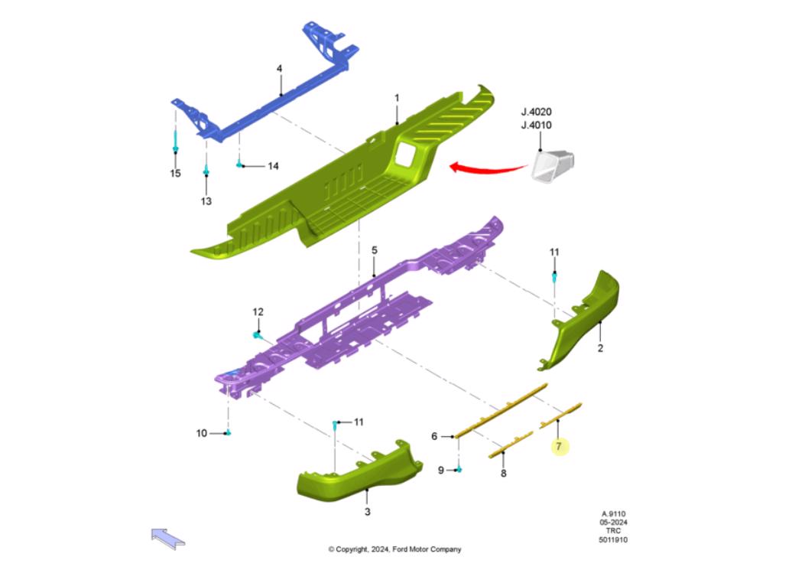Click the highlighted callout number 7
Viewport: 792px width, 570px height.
[x=559, y=446]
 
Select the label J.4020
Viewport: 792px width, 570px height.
[x=536, y=112]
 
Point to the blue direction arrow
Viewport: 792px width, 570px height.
[x=167, y=538]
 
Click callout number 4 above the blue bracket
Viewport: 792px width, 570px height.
[x=279, y=69]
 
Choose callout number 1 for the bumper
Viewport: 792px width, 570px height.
[x=397, y=97]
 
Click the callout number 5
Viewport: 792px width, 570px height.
[x=375, y=250]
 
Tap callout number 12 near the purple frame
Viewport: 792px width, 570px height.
[x=258, y=312]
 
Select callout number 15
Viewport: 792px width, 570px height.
[x=175, y=174]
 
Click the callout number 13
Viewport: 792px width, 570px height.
[x=206, y=201]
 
